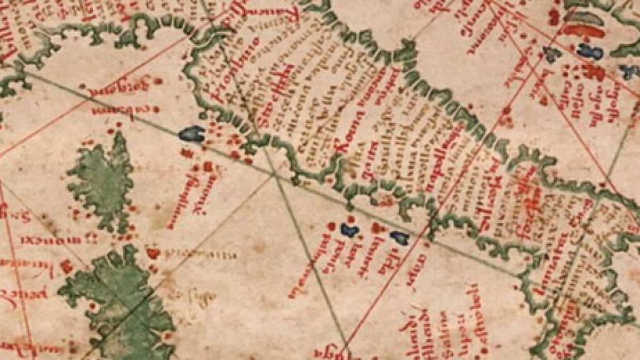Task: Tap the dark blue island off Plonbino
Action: click(193, 134)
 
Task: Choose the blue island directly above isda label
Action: click(398, 237)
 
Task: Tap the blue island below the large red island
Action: click(590, 51)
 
